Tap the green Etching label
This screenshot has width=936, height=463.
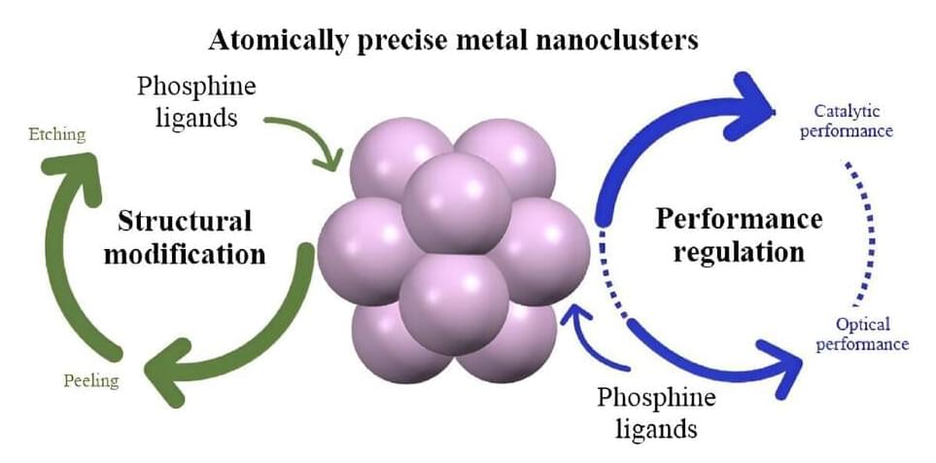point(57,134)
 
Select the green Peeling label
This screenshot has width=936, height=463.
point(91,380)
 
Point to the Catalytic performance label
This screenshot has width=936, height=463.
point(845,121)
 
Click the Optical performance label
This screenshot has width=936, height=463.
point(861,334)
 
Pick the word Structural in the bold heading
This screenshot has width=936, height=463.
point(185,221)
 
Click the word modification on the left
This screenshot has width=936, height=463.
point(198,255)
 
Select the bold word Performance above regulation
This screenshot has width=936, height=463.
point(739,218)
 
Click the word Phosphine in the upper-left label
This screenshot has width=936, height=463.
point(196,87)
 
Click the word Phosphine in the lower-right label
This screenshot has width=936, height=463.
point(656,398)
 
